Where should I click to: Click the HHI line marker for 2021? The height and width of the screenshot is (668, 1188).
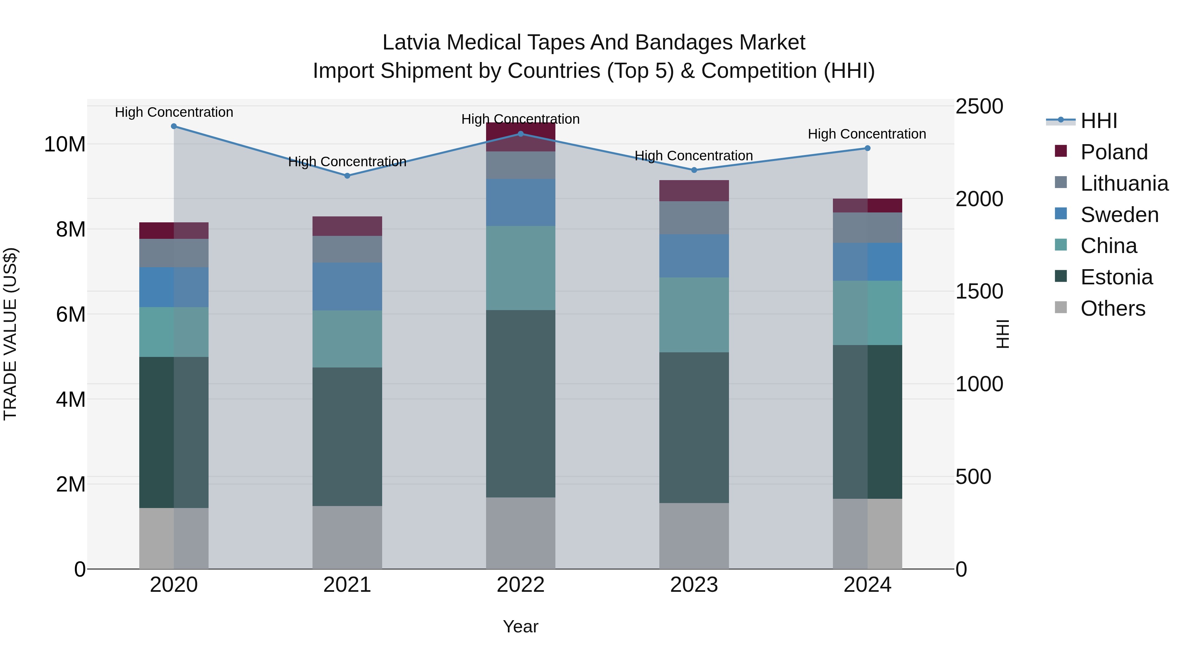(x=347, y=175)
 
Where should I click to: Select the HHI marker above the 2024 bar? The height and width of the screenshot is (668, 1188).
(x=867, y=148)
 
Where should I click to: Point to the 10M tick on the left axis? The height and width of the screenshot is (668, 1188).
(x=65, y=144)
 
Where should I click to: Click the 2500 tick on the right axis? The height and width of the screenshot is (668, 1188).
(x=979, y=107)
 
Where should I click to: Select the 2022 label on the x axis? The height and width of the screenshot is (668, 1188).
(x=520, y=585)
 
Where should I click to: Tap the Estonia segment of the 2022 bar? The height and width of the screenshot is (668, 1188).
(x=520, y=403)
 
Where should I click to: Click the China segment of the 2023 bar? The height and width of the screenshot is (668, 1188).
(x=694, y=315)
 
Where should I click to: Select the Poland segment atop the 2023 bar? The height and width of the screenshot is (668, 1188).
(x=694, y=190)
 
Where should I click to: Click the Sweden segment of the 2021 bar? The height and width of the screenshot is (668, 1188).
(x=347, y=286)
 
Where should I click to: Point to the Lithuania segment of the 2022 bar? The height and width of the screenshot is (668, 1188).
(x=520, y=165)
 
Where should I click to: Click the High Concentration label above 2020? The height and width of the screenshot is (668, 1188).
(x=174, y=112)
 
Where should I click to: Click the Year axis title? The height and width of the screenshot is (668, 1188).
(x=520, y=626)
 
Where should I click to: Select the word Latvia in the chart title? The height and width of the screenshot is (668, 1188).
(x=412, y=43)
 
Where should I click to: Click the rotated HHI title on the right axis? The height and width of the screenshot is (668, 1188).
(x=1003, y=334)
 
